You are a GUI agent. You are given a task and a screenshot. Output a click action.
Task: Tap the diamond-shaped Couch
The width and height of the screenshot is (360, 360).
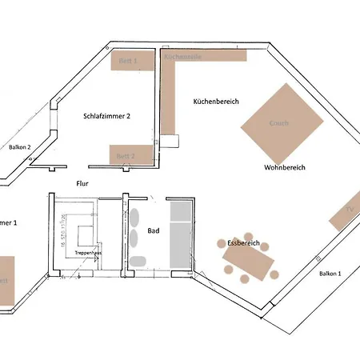279,124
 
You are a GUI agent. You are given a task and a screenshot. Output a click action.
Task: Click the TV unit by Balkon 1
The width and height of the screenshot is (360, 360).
346,211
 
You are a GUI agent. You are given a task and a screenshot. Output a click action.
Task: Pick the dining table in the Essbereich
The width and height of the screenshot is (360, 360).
248,261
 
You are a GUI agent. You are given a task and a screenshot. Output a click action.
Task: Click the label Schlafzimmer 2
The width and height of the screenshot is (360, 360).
106,116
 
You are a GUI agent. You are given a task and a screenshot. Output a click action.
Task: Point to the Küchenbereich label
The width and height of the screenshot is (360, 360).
216,102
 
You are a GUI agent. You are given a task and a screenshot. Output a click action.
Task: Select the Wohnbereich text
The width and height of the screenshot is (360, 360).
286,168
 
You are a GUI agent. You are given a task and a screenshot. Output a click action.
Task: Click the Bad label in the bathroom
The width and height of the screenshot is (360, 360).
154,230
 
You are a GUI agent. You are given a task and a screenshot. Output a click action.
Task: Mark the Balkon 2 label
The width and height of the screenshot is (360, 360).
20,147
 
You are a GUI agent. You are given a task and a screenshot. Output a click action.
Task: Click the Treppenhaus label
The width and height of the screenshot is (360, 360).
87,252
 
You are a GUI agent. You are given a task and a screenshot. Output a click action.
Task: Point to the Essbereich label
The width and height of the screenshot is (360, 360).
242,242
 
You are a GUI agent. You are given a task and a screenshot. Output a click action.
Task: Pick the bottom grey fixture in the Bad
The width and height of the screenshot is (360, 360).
138,261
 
